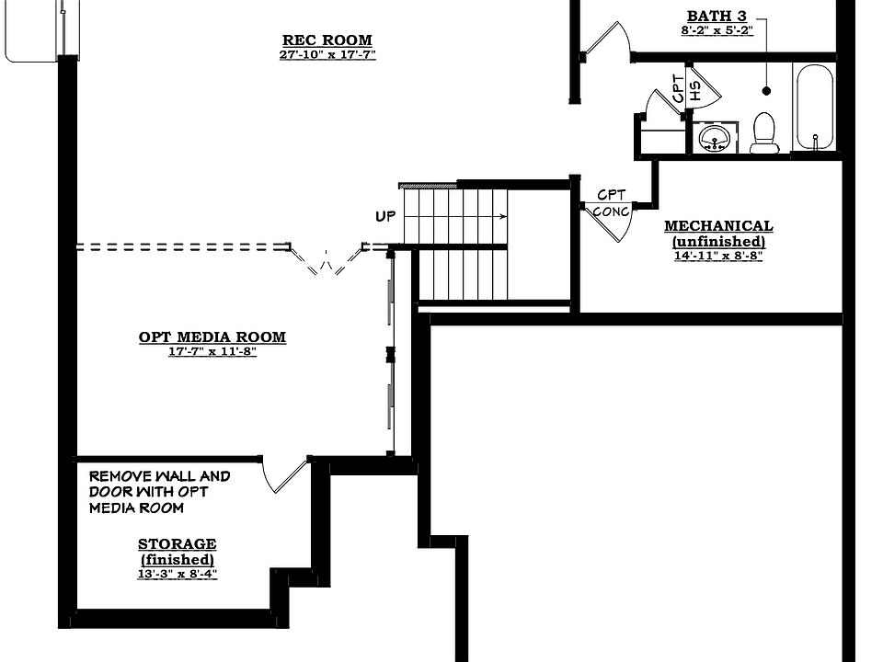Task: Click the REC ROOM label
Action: (327, 40)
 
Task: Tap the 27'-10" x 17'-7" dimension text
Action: (327, 54)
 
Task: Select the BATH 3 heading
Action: (717, 16)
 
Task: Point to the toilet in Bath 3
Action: (764, 132)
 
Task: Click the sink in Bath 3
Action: (715, 138)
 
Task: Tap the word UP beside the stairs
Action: (385, 216)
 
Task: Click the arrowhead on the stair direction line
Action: (503, 217)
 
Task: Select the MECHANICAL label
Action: (718, 226)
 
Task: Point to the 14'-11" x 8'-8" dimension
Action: (718, 256)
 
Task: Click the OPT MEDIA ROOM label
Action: (212, 337)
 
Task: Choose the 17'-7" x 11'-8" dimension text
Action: (212, 352)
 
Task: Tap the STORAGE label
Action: (177, 543)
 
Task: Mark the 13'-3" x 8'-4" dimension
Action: (177, 574)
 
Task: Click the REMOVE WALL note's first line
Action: (159, 476)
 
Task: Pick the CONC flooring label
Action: (611, 211)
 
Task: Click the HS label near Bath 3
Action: (695, 90)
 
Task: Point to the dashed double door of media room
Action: (326, 260)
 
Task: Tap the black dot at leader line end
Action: (766, 91)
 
